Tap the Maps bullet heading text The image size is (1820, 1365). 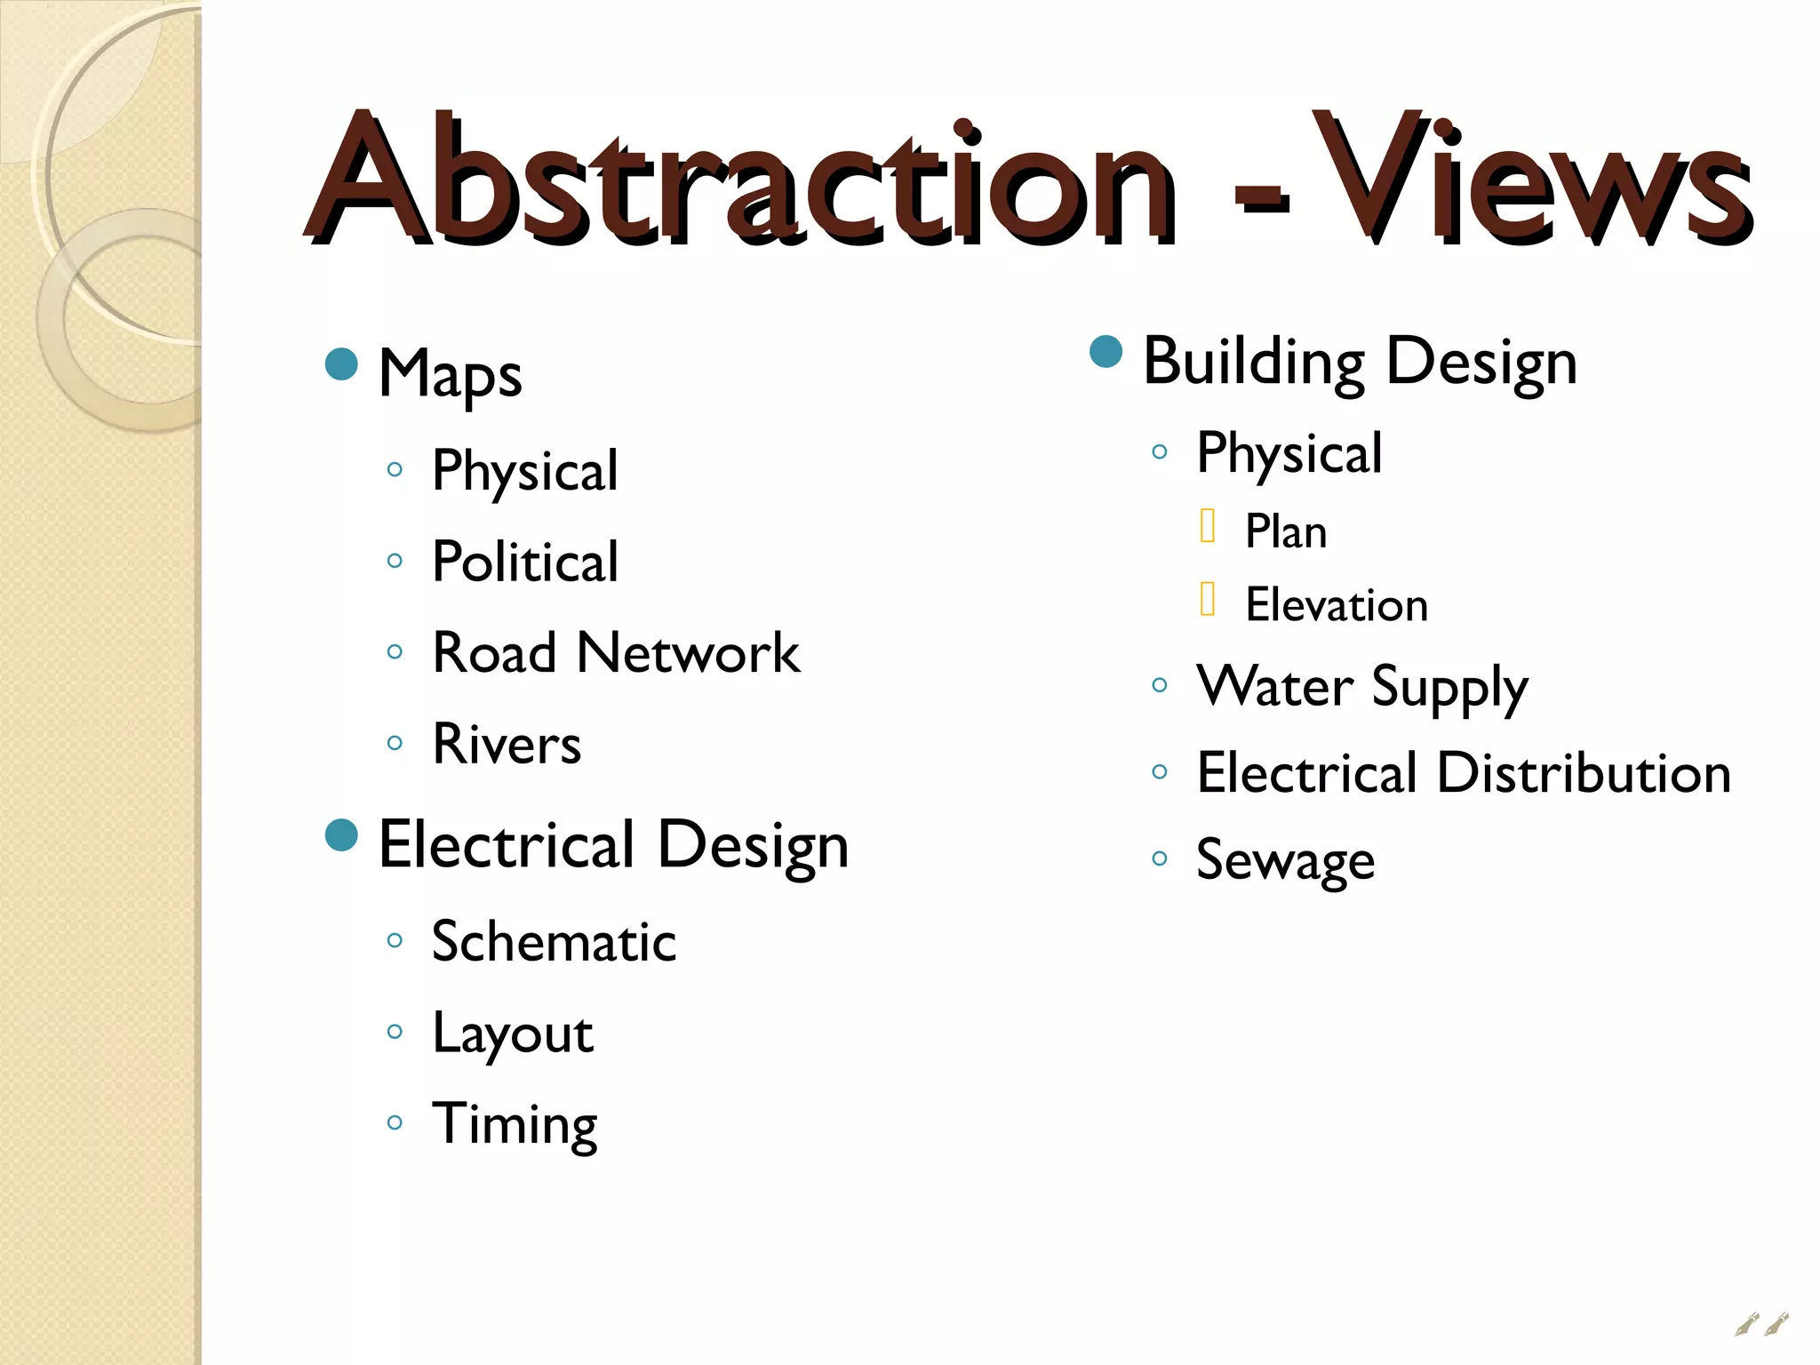tap(450, 374)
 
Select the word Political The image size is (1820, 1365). tap(524, 562)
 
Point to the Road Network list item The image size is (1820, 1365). tap(615, 653)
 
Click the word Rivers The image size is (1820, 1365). tap(506, 744)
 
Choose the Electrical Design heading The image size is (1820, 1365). tap(613, 845)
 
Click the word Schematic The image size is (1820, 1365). tap(553, 942)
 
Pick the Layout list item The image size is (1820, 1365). tap(512, 1034)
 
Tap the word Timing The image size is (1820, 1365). tap(514, 1125)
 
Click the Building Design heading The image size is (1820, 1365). tap(1360, 363)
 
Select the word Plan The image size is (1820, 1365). tap(1285, 532)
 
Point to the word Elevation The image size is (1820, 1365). tap(1336, 606)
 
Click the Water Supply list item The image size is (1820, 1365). tap(1361, 688)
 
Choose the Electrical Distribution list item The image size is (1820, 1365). tap(1463, 773)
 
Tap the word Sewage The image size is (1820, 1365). tap(1285, 860)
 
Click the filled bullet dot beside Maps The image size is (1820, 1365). tap(341, 363)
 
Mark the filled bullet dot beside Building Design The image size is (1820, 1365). tap(1106, 351)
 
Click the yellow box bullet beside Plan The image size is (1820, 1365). tap(1207, 525)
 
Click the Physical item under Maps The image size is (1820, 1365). tap(524, 471)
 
